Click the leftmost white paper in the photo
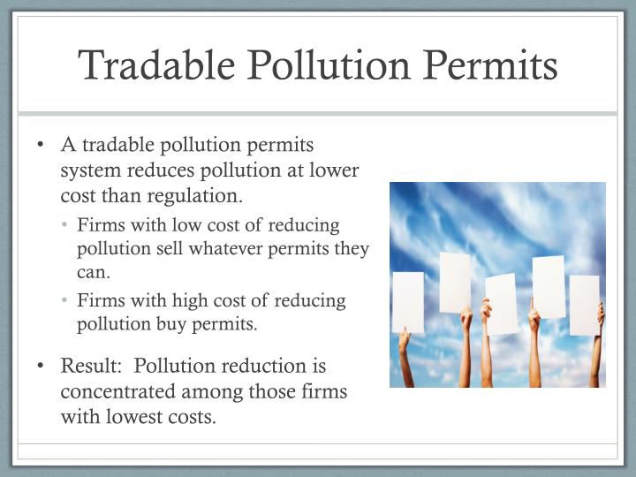(407, 302)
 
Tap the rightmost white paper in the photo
(584, 305)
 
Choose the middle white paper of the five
(501, 304)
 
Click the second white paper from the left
(455, 282)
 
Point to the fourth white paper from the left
(549, 286)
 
